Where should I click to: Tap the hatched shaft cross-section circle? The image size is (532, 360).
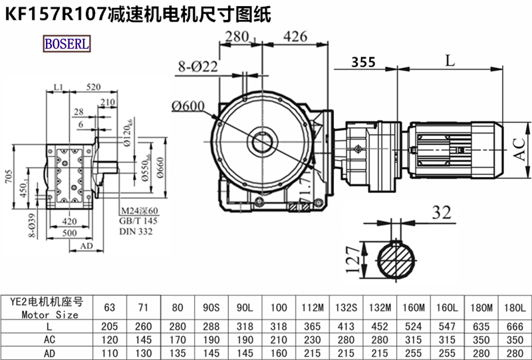398,262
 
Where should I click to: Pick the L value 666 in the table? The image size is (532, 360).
515,327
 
